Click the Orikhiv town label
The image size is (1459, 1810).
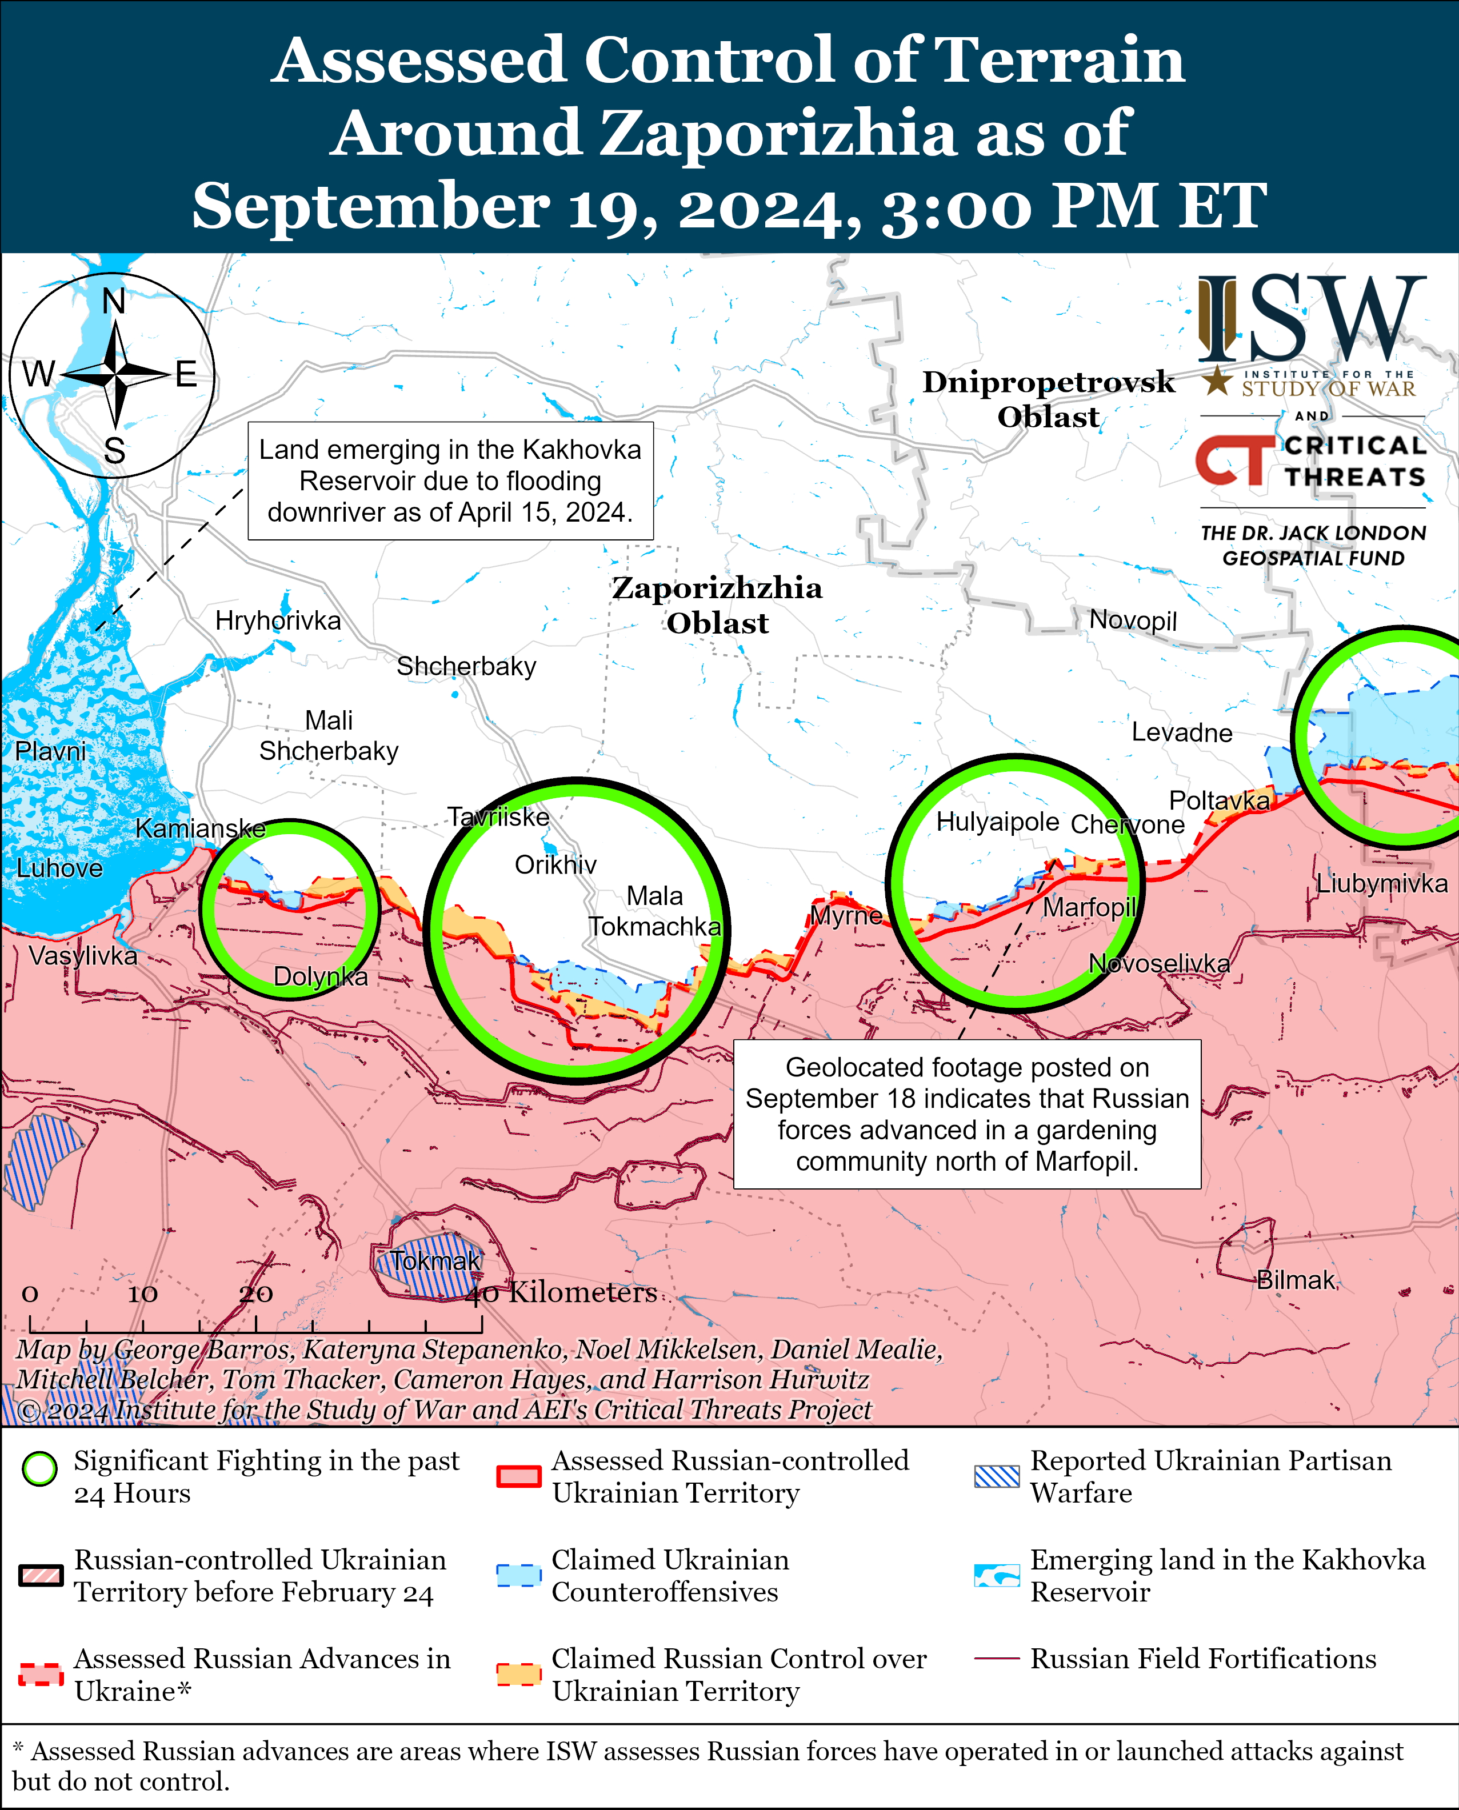click(555, 864)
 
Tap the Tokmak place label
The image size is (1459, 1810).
click(435, 1260)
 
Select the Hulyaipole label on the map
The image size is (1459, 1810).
click(998, 822)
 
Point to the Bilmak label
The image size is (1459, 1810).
click(1295, 1280)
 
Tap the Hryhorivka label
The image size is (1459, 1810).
click(278, 621)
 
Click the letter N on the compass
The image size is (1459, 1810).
click(114, 301)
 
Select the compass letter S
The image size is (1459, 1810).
click(114, 451)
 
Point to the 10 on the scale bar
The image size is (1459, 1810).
click(142, 1294)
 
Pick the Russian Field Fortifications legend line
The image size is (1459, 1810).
click(997, 1659)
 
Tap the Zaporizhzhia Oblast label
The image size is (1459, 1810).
click(717, 605)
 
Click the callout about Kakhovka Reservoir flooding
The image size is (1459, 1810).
click(450, 480)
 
